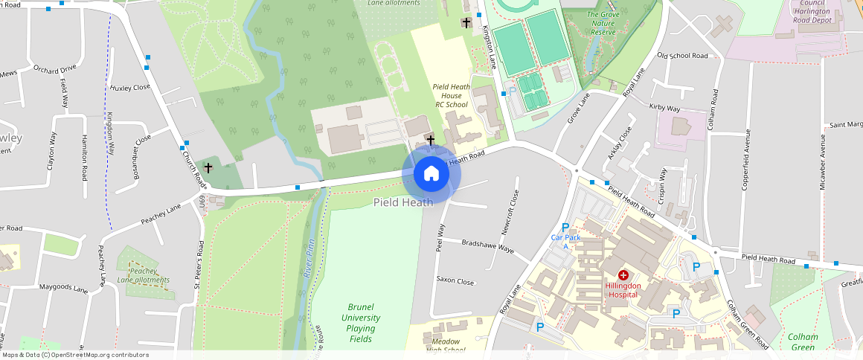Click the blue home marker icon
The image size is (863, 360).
pos(431,174)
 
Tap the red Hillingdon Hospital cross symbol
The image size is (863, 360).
pos(623,275)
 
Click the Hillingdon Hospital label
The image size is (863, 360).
pos(623,290)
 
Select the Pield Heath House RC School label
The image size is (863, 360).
pos(451,95)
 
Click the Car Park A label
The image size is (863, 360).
pos(565,241)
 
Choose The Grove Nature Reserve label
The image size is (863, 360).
pos(603,23)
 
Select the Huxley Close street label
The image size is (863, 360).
pos(130,87)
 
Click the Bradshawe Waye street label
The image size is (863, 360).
pos(487,246)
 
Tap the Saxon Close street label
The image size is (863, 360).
pos(455,281)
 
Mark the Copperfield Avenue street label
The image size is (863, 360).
pos(745,159)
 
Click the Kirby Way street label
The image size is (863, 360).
pos(664,108)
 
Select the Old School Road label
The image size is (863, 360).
pos(682,56)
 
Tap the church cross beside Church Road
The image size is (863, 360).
pos(208,168)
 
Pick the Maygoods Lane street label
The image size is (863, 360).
pos(63,286)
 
